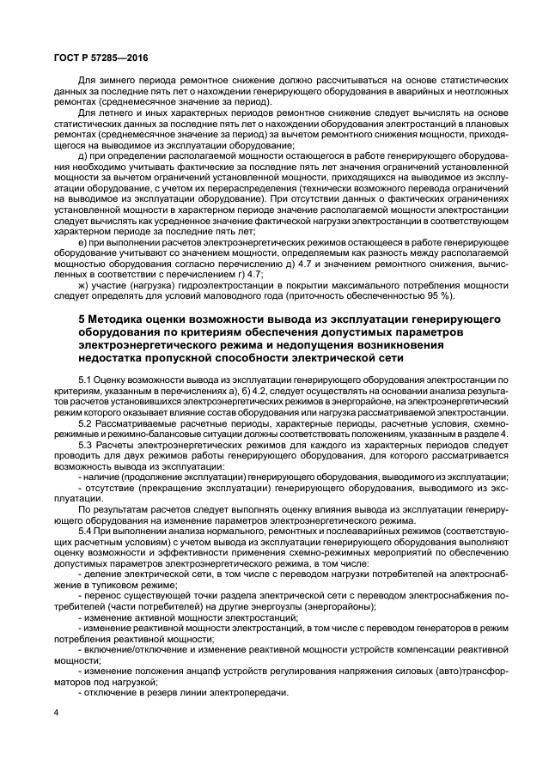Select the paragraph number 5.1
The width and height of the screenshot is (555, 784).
(x=87, y=379)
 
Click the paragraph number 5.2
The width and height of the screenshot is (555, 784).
(x=87, y=424)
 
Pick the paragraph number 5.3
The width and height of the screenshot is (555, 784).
(x=87, y=447)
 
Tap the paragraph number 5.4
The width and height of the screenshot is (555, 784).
(x=87, y=533)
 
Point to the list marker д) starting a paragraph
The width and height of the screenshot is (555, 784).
(x=82, y=155)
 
